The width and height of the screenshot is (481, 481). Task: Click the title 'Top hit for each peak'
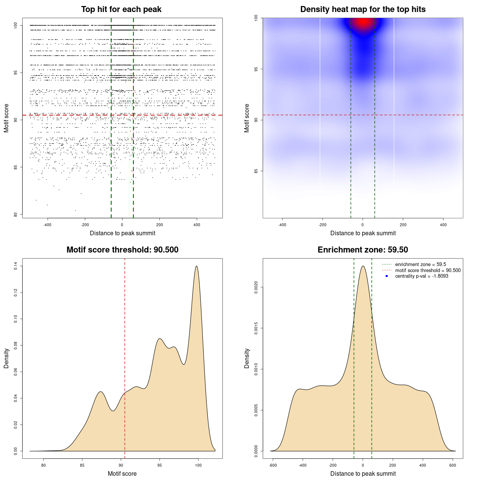[121, 9]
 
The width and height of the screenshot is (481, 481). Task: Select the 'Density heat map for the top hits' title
[363, 9]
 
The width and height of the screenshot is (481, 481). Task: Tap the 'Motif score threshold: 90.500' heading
[122, 250]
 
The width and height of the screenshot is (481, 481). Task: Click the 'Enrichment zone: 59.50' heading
[363, 250]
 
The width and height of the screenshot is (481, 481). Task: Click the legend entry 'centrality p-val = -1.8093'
[422, 276]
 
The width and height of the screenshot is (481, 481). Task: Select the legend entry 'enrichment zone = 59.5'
[420, 265]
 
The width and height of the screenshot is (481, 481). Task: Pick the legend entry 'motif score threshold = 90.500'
[428, 270]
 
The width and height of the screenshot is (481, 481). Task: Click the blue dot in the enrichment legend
[386, 276]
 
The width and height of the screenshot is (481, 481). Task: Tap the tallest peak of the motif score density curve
[197, 266]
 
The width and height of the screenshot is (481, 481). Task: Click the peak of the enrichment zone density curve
[363, 266]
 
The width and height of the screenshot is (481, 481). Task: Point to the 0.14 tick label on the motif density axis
[16, 266]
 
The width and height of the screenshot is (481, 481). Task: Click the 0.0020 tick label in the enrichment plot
[256, 287]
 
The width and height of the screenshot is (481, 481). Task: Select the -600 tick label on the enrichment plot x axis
[273, 465]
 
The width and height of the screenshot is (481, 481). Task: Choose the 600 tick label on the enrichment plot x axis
[452, 465]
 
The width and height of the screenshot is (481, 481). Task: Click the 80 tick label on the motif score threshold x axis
[44, 465]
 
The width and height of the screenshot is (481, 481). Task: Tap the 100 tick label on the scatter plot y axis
[16, 25]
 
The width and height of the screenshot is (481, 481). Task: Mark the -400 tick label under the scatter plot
[47, 225]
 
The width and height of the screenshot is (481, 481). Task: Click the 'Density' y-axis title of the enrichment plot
[247, 358]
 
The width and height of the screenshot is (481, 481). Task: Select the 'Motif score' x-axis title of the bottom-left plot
[122, 473]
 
